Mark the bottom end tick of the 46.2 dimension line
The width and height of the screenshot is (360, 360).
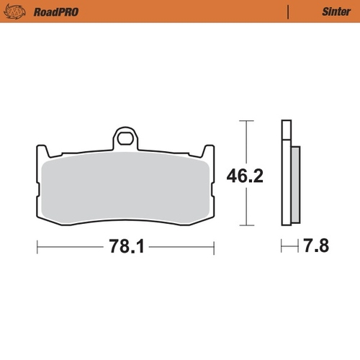pyautogui.click(x=247, y=223)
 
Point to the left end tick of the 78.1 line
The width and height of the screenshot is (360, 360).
pyautogui.click(x=37, y=247)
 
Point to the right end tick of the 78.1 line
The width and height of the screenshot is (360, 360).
pyautogui.click(x=213, y=247)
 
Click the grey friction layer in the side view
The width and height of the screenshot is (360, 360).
pyautogui.click(x=296, y=184)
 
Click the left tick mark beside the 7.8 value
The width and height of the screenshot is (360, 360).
pyautogui.click(x=282, y=247)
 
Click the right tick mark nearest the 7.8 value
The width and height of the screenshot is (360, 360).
pyautogui.click(x=298, y=247)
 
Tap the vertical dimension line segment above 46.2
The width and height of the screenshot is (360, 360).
pyautogui.click(x=247, y=140)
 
